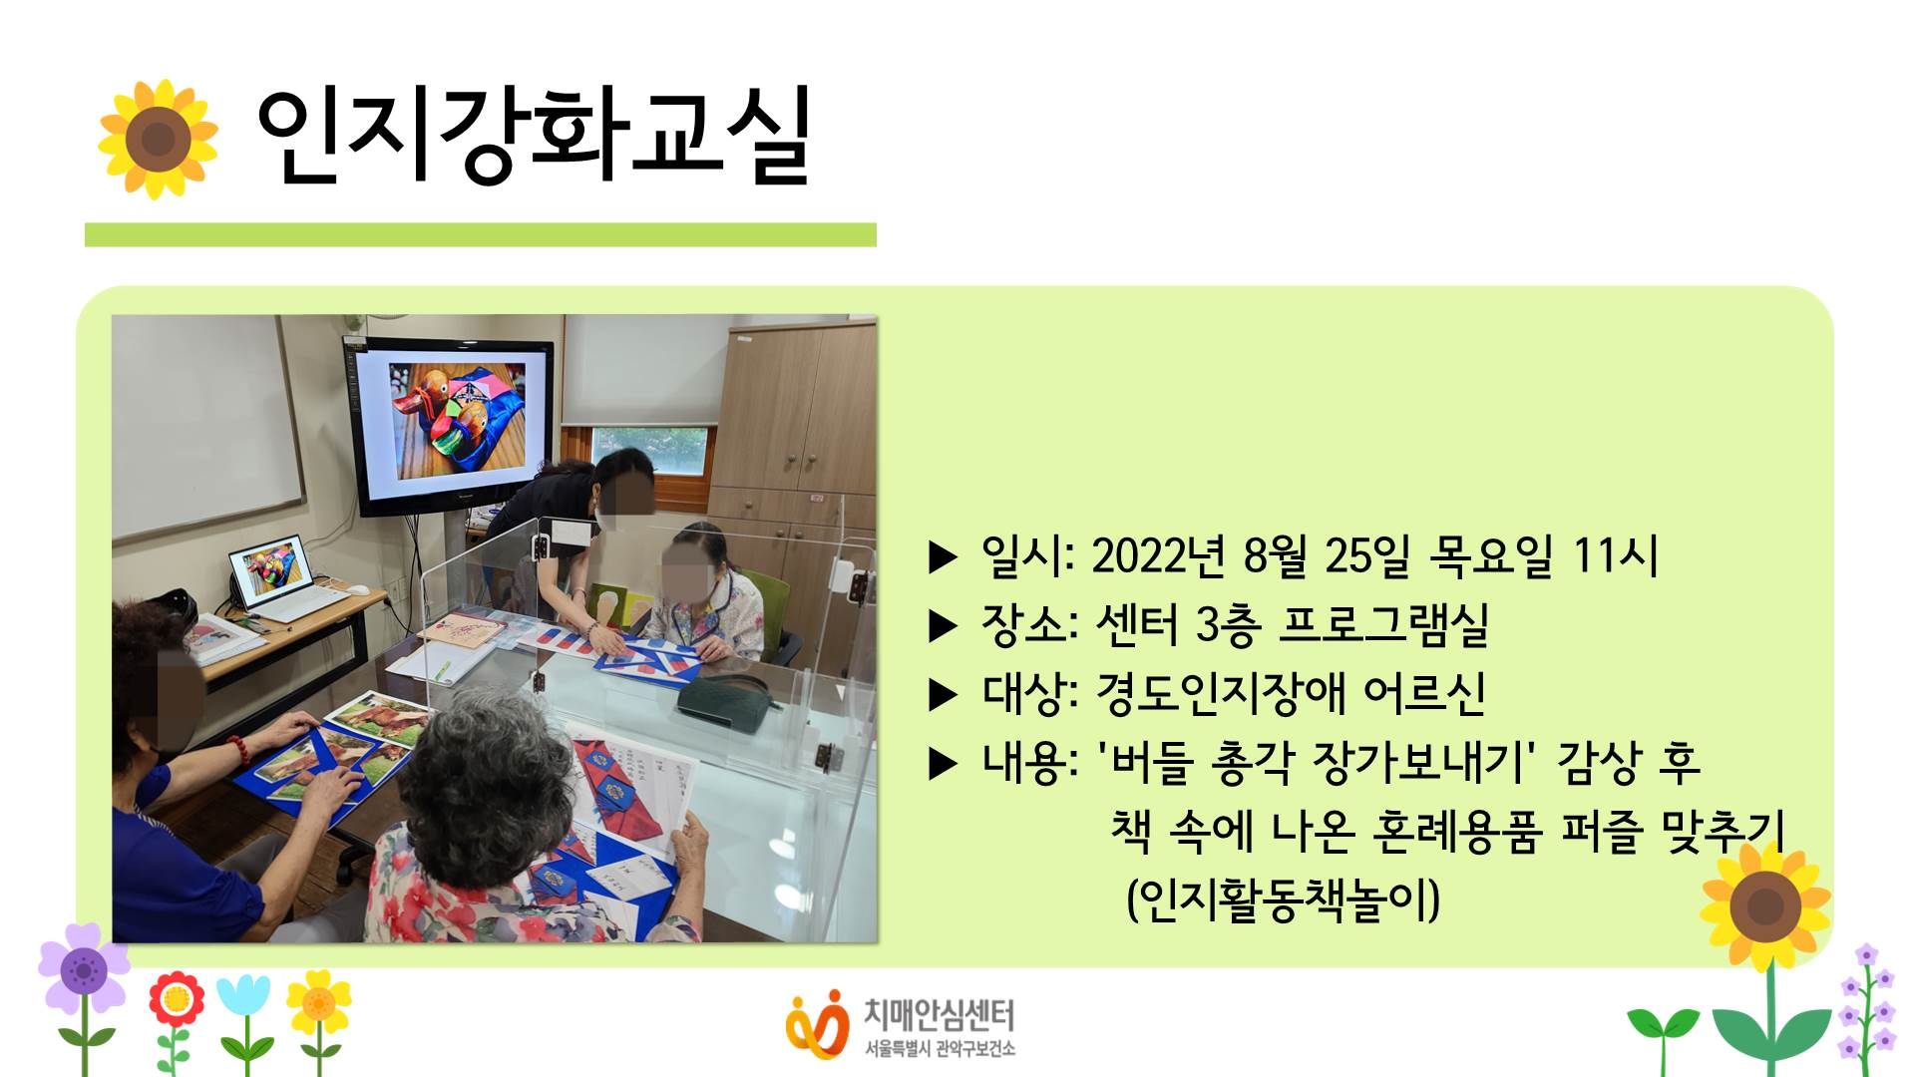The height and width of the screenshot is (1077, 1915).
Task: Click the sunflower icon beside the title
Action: coord(158,139)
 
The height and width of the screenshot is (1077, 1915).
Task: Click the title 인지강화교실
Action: coord(534,138)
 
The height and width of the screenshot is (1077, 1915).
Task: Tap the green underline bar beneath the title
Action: coord(481,234)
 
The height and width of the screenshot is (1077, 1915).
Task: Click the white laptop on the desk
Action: coord(284,583)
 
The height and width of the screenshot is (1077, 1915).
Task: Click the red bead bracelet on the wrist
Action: coord(235,751)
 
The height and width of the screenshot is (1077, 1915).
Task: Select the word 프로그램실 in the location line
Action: coord(1383,625)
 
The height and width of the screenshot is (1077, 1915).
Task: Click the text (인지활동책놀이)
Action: coord(1283,899)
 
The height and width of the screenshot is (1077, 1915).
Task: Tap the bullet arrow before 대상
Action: coord(943,695)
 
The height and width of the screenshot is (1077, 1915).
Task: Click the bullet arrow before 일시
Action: coord(943,557)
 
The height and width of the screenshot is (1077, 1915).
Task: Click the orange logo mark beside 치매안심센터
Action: coord(815,1024)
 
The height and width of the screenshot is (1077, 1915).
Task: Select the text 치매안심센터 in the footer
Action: coord(939,1015)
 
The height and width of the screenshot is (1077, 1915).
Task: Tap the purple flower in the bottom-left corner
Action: coord(84,969)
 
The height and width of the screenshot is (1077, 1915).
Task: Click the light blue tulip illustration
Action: coord(243,996)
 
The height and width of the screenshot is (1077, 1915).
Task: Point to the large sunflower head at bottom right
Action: coord(1765,905)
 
